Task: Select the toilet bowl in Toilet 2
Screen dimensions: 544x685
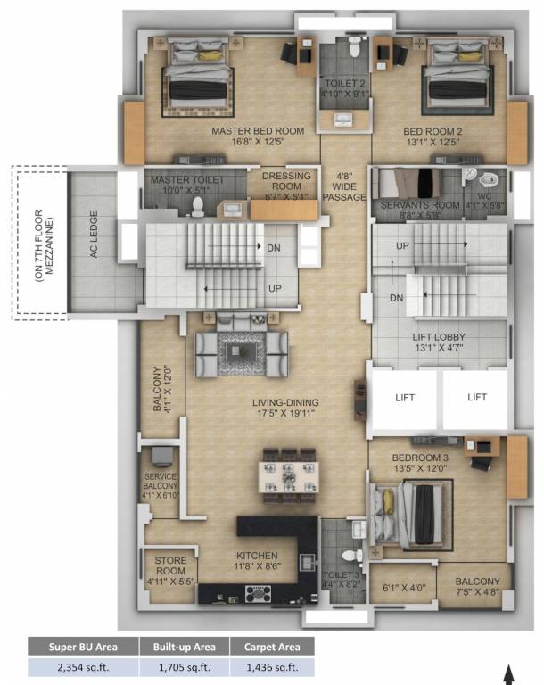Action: pos(354,46)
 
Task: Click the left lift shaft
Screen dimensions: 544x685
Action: pos(404,399)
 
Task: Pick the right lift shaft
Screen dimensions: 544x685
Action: pos(476,399)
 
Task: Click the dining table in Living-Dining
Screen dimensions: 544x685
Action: pos(288,476)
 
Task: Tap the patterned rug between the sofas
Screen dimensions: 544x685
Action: pos(242,353)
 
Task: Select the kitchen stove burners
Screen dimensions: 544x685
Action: pos(259,594)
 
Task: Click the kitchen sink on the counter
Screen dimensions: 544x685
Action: pos(308,562)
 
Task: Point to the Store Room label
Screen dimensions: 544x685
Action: pos(170,565)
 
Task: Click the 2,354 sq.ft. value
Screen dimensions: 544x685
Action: pos(83,667)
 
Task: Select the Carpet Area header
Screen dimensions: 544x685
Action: pos(272,647)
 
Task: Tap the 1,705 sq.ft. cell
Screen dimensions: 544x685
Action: pos(185,667)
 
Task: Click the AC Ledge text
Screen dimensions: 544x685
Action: pos(94,235)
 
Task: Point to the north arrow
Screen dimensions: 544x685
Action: pos(508,674)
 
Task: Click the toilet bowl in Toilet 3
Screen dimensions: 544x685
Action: pos(351,556)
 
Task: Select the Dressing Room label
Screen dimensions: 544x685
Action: pos(286,181)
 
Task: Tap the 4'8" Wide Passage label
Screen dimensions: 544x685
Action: pos(344,186)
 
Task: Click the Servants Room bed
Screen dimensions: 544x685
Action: pos(409,184)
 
